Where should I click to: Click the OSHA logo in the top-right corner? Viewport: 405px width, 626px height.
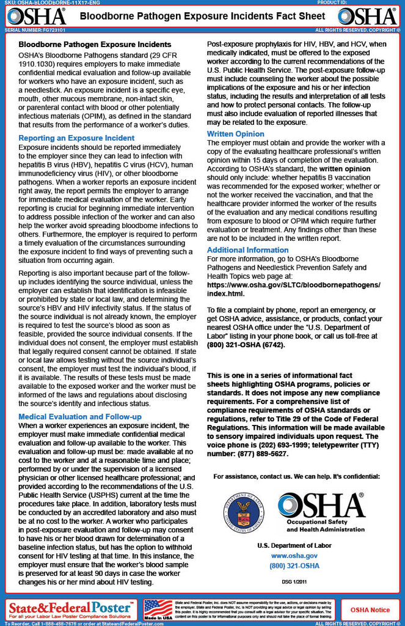pyautogui.click(x=367, y=17)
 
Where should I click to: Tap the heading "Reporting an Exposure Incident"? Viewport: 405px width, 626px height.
pyautogui.click(x=76, y=138)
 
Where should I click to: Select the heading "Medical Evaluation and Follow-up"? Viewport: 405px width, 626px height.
pyautogui.click(x=80, y=416)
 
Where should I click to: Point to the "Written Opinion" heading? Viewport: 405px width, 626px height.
pyautogui.click(x=236, y=133)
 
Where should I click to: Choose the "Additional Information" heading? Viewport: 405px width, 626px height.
pyautogui.click(x=247, y=249)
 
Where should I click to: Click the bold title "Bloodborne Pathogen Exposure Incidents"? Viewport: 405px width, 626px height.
pyautogui.click(x=95, y=45)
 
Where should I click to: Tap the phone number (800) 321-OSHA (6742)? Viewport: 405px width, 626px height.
pyautogui.click(x=246, y=345)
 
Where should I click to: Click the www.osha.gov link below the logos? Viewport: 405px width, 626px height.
pyautogui.click(x=294, y=556)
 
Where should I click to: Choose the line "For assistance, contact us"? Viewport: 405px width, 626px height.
pyautogui.click(x=296, y=476)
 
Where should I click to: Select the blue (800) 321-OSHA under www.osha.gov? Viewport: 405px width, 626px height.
pyautogui.click(x=294, y=566)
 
